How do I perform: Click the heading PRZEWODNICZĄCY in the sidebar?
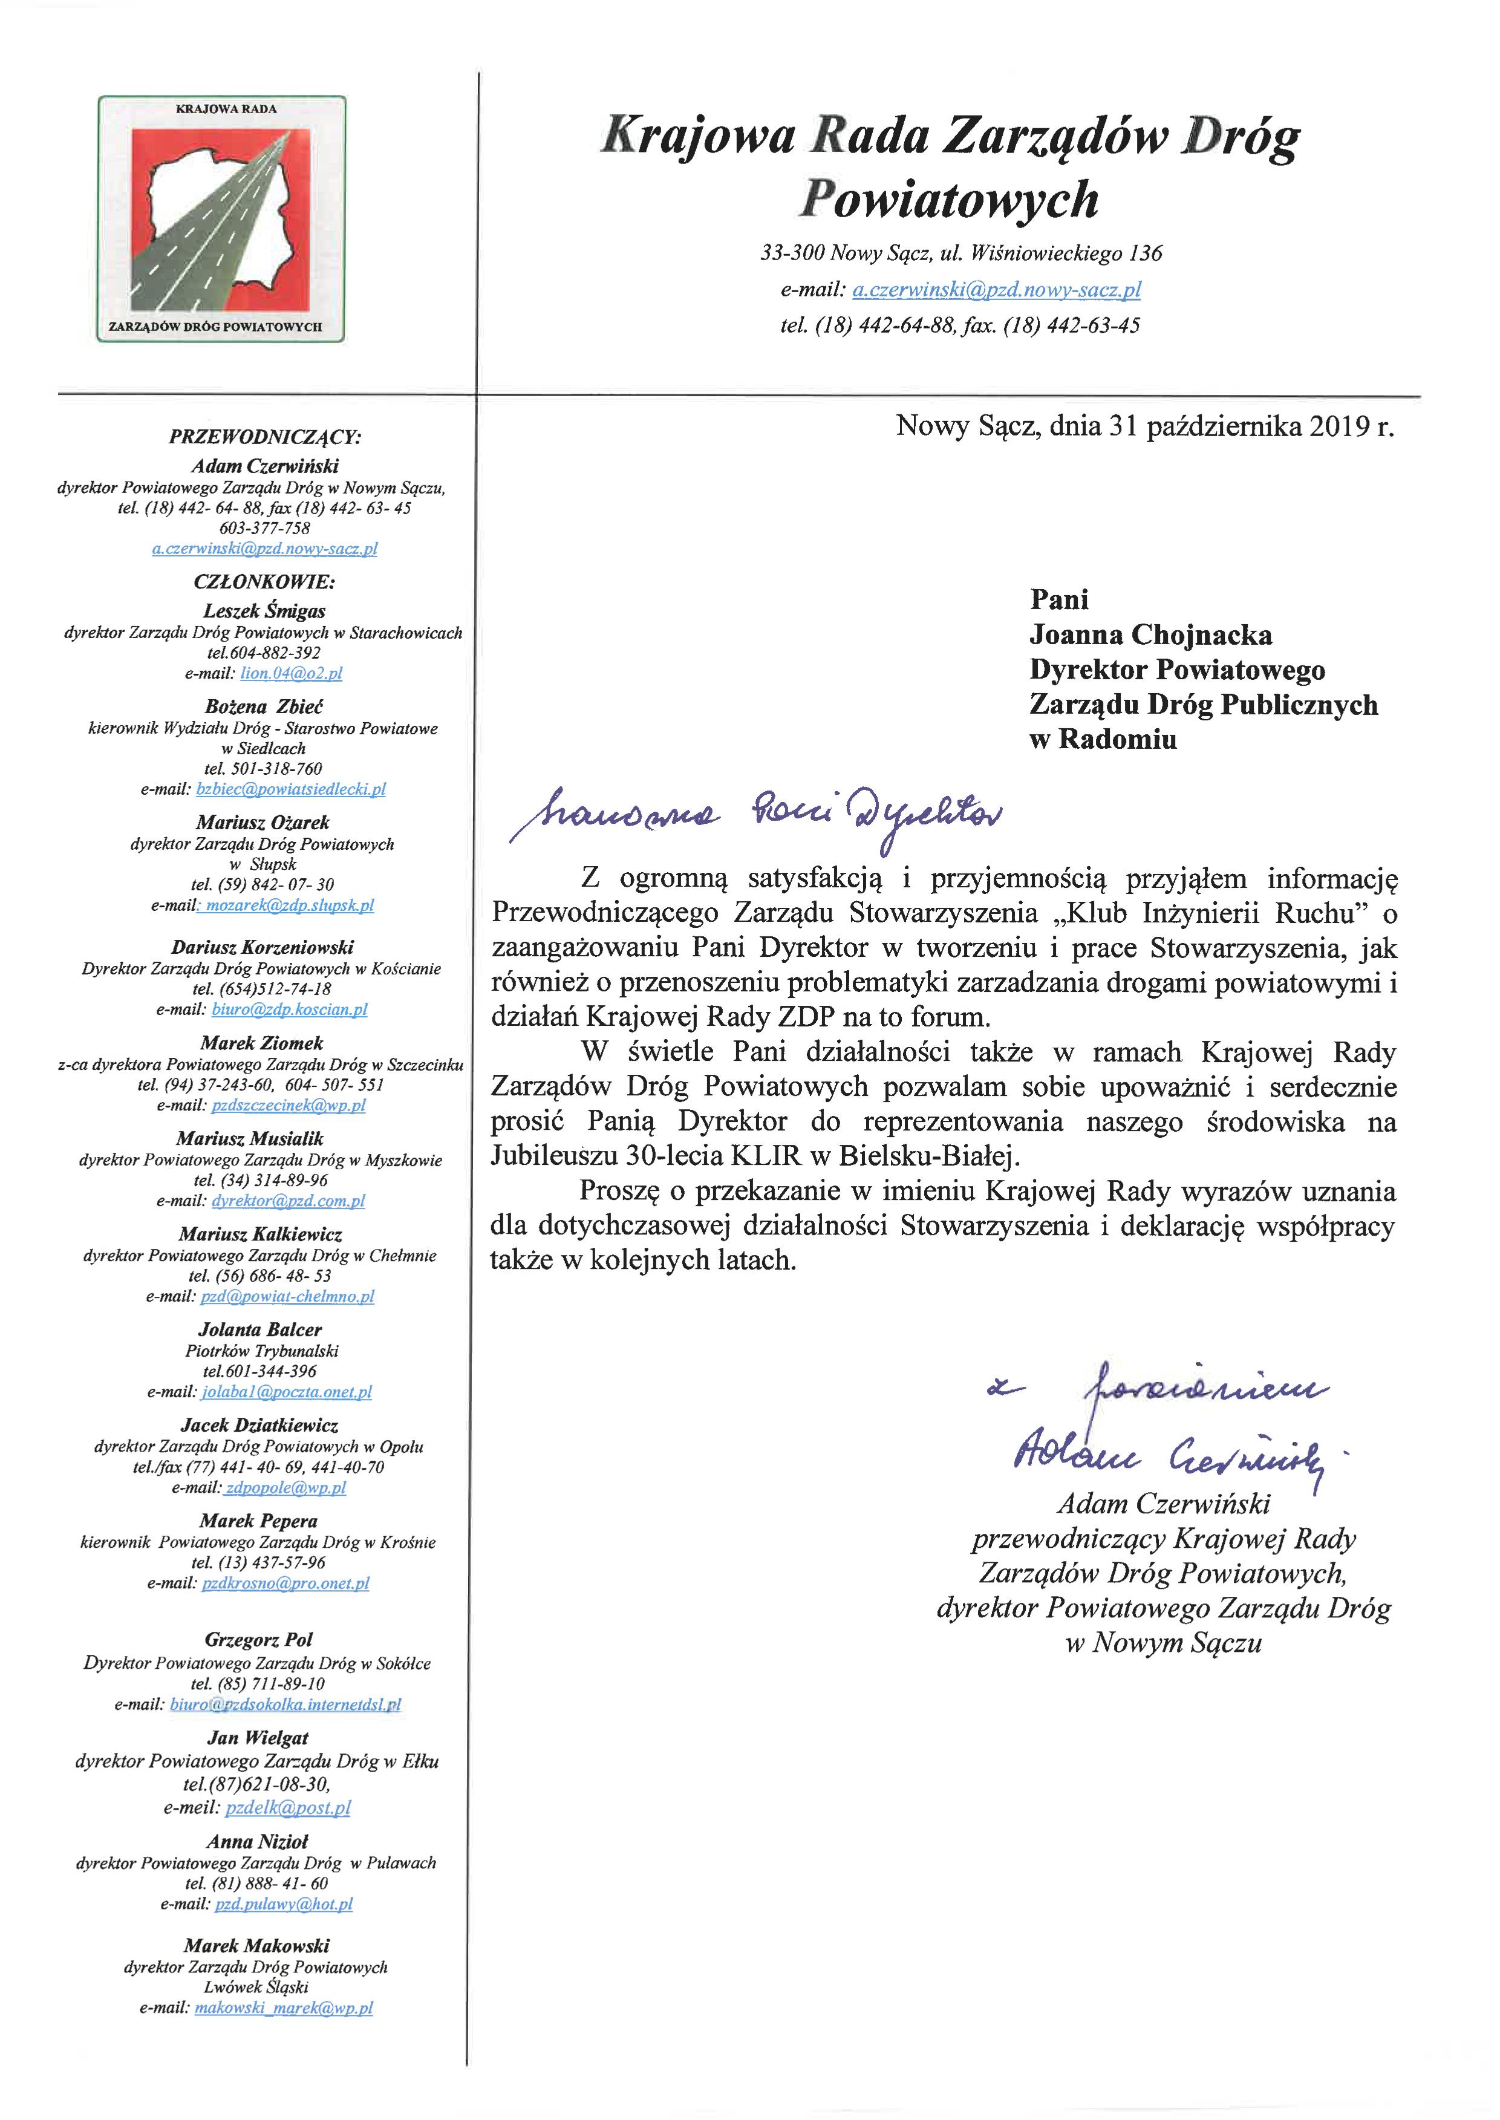[264, 437]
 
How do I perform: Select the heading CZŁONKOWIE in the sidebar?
[264, 582]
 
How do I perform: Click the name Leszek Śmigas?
[264, 611]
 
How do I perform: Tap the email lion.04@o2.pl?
[291, 673]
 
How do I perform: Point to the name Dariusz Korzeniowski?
[262, 947]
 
